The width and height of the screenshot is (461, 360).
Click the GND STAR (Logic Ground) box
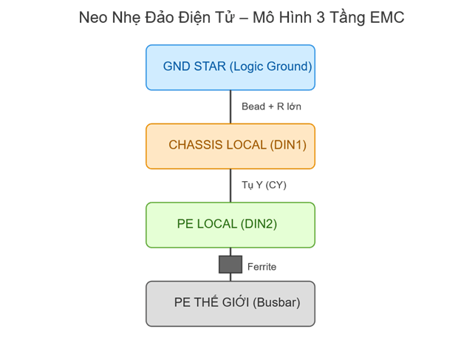[x=230, y=67]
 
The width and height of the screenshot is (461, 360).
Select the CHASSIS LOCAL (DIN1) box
[x=230, y=145]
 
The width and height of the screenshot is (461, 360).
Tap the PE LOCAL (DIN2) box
[x=230, y=224]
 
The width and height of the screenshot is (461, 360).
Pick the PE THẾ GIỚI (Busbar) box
[x=230, y=303]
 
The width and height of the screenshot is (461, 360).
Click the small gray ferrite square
[x=230, y=265]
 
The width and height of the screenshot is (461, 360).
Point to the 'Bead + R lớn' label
[x=271, y=106]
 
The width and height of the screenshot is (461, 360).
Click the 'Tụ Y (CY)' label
[x=264, y=185]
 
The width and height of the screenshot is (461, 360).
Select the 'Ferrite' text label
[x=262, y=266]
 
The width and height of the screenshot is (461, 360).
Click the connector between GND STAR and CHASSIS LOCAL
[x=230, y=106]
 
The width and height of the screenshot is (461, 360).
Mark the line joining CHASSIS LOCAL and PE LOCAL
[x=230, y=185]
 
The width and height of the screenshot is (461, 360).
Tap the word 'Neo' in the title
[x=93, y=17]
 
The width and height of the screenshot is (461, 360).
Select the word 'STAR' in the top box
[x=210, y=67]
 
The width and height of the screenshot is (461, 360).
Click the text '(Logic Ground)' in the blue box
[x=270, y=67]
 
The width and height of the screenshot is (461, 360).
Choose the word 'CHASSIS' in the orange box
[x=194, y=145]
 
